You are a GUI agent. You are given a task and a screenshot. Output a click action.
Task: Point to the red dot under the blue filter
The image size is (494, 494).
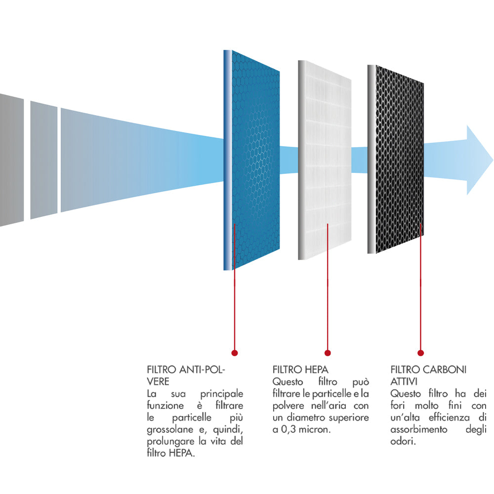tap(235, 353)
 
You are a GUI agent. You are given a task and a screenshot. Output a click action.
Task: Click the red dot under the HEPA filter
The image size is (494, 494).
tap(327, 353)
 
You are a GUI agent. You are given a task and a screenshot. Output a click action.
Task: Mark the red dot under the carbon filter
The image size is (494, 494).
tap(420, 353)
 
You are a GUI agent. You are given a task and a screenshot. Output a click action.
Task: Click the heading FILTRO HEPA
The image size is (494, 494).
tap(300, 370)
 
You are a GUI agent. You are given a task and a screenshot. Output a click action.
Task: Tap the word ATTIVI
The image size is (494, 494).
tap(404, 382)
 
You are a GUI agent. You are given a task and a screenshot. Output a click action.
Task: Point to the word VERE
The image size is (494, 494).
tap(158, 382)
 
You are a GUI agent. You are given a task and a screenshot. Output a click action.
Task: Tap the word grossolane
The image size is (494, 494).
tap(170, 430)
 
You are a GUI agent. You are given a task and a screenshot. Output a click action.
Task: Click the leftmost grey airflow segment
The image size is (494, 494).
tap(11, 160)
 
